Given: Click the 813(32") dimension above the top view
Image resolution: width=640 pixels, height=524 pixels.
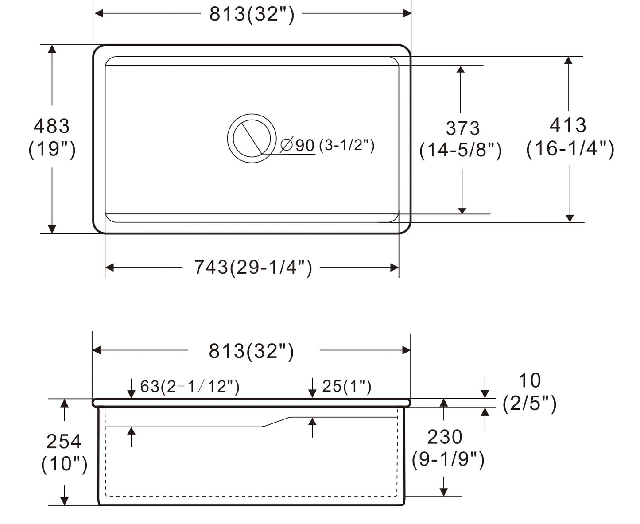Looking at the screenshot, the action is tap(252, 15).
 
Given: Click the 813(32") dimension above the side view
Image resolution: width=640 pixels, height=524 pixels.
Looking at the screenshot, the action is tap(251, 351).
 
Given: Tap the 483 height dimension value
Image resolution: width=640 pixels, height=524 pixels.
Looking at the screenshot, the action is tap(51, 126).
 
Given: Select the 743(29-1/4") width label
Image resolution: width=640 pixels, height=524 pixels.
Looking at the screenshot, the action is tap(253, 268).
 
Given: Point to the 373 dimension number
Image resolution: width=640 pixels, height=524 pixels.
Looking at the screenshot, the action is tap(462, 128).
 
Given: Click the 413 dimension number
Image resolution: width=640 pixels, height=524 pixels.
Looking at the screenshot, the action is tap(568, 125).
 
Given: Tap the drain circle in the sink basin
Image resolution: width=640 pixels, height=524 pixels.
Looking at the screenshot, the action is tap(252, 138).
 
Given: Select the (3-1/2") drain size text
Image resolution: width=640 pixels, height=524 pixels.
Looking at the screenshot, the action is tap(346, 145).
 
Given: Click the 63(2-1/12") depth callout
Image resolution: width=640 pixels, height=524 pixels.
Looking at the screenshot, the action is tap(190, 387).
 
